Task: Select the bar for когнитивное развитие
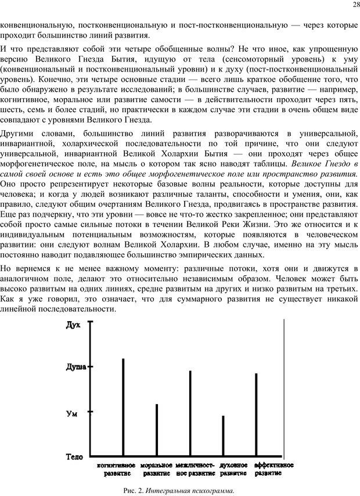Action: (123, 407)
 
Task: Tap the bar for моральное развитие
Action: (157, 430)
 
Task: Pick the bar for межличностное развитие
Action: (190, 412)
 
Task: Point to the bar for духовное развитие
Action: (224, 436)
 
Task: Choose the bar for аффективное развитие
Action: (257, 414)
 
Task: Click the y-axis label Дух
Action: (74, 326)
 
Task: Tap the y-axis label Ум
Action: (73, 414)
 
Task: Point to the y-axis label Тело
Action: (75, 457)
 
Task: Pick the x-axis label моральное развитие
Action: (156, 469)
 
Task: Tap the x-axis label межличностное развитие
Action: (195, 469)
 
